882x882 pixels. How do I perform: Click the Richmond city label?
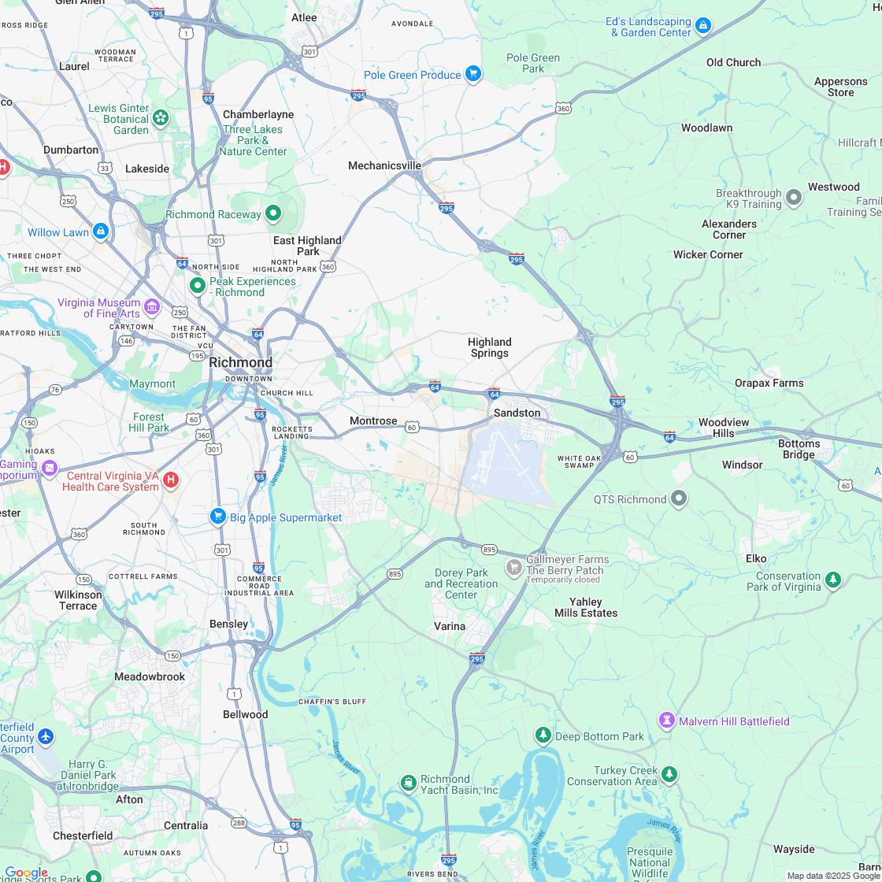point(240,362)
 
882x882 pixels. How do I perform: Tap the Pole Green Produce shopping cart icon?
point(472,74)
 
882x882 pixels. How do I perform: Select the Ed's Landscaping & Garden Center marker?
point(703,26)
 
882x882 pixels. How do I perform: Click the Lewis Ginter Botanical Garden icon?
point(161,118)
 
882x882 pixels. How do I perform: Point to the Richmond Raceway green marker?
point(273,213)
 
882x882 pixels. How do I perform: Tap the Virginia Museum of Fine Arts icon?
point(152,306)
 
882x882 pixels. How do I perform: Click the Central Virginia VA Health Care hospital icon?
point(171,479)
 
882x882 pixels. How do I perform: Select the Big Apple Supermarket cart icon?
point(218,516)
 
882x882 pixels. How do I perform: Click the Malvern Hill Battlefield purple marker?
point(667,721)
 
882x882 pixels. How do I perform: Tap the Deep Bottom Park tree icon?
point(543,736)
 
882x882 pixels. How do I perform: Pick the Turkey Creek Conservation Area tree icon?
point(669,774)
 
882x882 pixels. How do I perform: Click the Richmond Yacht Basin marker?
point(408,783)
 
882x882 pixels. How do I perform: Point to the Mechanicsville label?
point(384,165)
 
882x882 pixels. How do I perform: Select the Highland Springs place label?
point(489,347)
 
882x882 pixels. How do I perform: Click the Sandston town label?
point(517,413)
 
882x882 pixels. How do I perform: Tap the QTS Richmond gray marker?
point(679,498)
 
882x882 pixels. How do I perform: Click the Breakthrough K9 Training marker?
point(794,198)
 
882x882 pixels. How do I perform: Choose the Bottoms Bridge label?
point(799,449)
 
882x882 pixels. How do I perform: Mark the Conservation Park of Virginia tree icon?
point(833,580)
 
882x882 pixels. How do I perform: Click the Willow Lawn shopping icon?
point(100,232)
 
